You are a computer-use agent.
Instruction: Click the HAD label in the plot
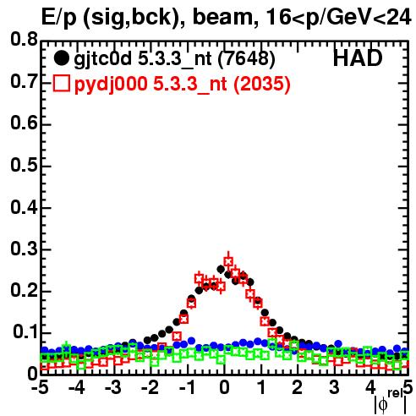point(358,58)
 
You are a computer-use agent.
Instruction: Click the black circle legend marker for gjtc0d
point(61,58)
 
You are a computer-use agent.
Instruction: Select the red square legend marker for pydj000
point(61,84)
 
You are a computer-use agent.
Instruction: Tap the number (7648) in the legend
point(247,59)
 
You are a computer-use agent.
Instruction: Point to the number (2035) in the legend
point(262,84)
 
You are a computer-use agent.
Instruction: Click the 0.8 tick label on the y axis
point(24,39)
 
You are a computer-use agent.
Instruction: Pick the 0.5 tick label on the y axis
point(24,165)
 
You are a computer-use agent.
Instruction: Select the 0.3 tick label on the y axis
point(24,249)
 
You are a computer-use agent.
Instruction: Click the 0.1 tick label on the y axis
point(25,332)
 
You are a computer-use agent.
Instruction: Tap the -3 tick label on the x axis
point(113,388)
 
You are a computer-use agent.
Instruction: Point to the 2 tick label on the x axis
point(298,388)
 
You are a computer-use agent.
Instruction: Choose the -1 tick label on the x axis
point(187,388)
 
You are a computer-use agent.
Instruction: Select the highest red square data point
point(228,261)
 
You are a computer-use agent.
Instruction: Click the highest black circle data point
point(221,270)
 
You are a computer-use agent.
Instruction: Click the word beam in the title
point(226,17)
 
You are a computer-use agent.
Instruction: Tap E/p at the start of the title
point(59,18)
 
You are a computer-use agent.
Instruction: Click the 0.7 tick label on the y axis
point(24,81)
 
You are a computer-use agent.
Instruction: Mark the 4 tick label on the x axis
point(370,388)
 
